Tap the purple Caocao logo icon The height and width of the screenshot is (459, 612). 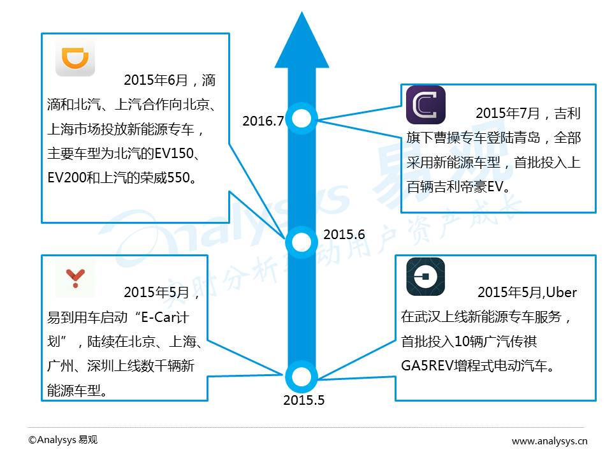(x=426, y=105)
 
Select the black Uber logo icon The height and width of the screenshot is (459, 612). (x=426, y=277)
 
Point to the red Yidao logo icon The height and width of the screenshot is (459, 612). (x=75, y=278)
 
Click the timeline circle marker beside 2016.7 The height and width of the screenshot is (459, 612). (x=302, y=118)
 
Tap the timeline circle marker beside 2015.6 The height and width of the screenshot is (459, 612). (x=302, y=242)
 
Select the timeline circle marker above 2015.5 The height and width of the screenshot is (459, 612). (x=302, y=376)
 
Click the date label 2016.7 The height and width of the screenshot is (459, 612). (x=263, y=121)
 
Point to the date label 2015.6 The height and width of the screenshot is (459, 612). (x=344, y=235)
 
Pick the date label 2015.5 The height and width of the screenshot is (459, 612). (x=304, y=400)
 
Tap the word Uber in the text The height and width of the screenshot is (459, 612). (x=561, y=293)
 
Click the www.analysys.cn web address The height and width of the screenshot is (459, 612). (x=550, y=441)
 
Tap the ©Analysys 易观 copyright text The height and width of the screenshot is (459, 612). (x=63, y=440)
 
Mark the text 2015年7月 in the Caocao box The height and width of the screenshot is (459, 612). (x=507, y=113)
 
